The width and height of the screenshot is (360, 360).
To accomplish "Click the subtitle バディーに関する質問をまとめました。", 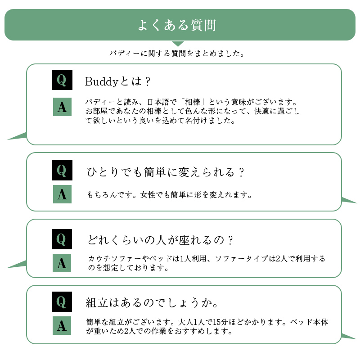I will (x=177, y=54).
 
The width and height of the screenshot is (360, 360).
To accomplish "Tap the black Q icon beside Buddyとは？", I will (x=62, y=81).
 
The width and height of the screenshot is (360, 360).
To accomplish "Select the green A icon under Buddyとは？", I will (x=62, y=107).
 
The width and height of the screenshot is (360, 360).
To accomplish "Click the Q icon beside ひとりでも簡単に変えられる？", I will (x=62, y=171).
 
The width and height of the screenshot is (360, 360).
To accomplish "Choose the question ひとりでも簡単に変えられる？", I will (x=166, y=172).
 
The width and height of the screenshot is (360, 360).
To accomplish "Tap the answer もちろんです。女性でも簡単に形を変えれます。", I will (x=169, y=195).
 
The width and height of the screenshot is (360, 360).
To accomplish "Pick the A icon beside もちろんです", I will (x=62, y=194).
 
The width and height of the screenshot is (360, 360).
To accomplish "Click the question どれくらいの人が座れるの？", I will (x=160, y=240).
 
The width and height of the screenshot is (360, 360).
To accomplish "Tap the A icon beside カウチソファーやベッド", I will (x=62, y=263).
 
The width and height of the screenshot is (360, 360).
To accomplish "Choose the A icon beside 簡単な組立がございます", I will (x=62, y=325).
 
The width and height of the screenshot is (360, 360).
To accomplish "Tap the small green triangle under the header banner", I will (x=178, y=43).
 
